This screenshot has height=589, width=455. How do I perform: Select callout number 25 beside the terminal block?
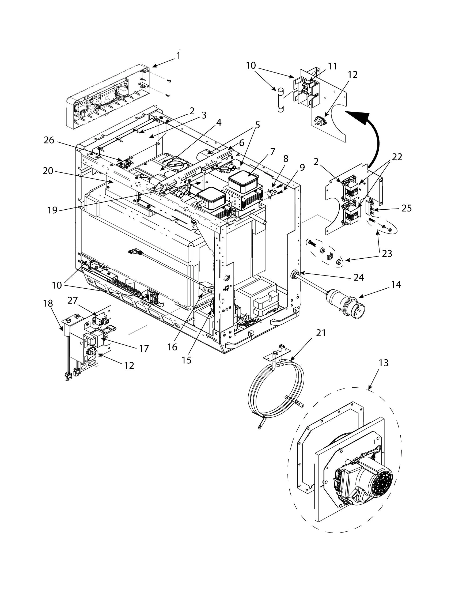pos(407,208)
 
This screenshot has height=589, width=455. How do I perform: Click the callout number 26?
pos(49,140)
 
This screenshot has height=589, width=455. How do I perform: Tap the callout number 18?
pos(48,304)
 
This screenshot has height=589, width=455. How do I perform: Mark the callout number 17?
pos(144,348)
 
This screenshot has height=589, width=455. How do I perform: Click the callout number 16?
pos(172,347)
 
